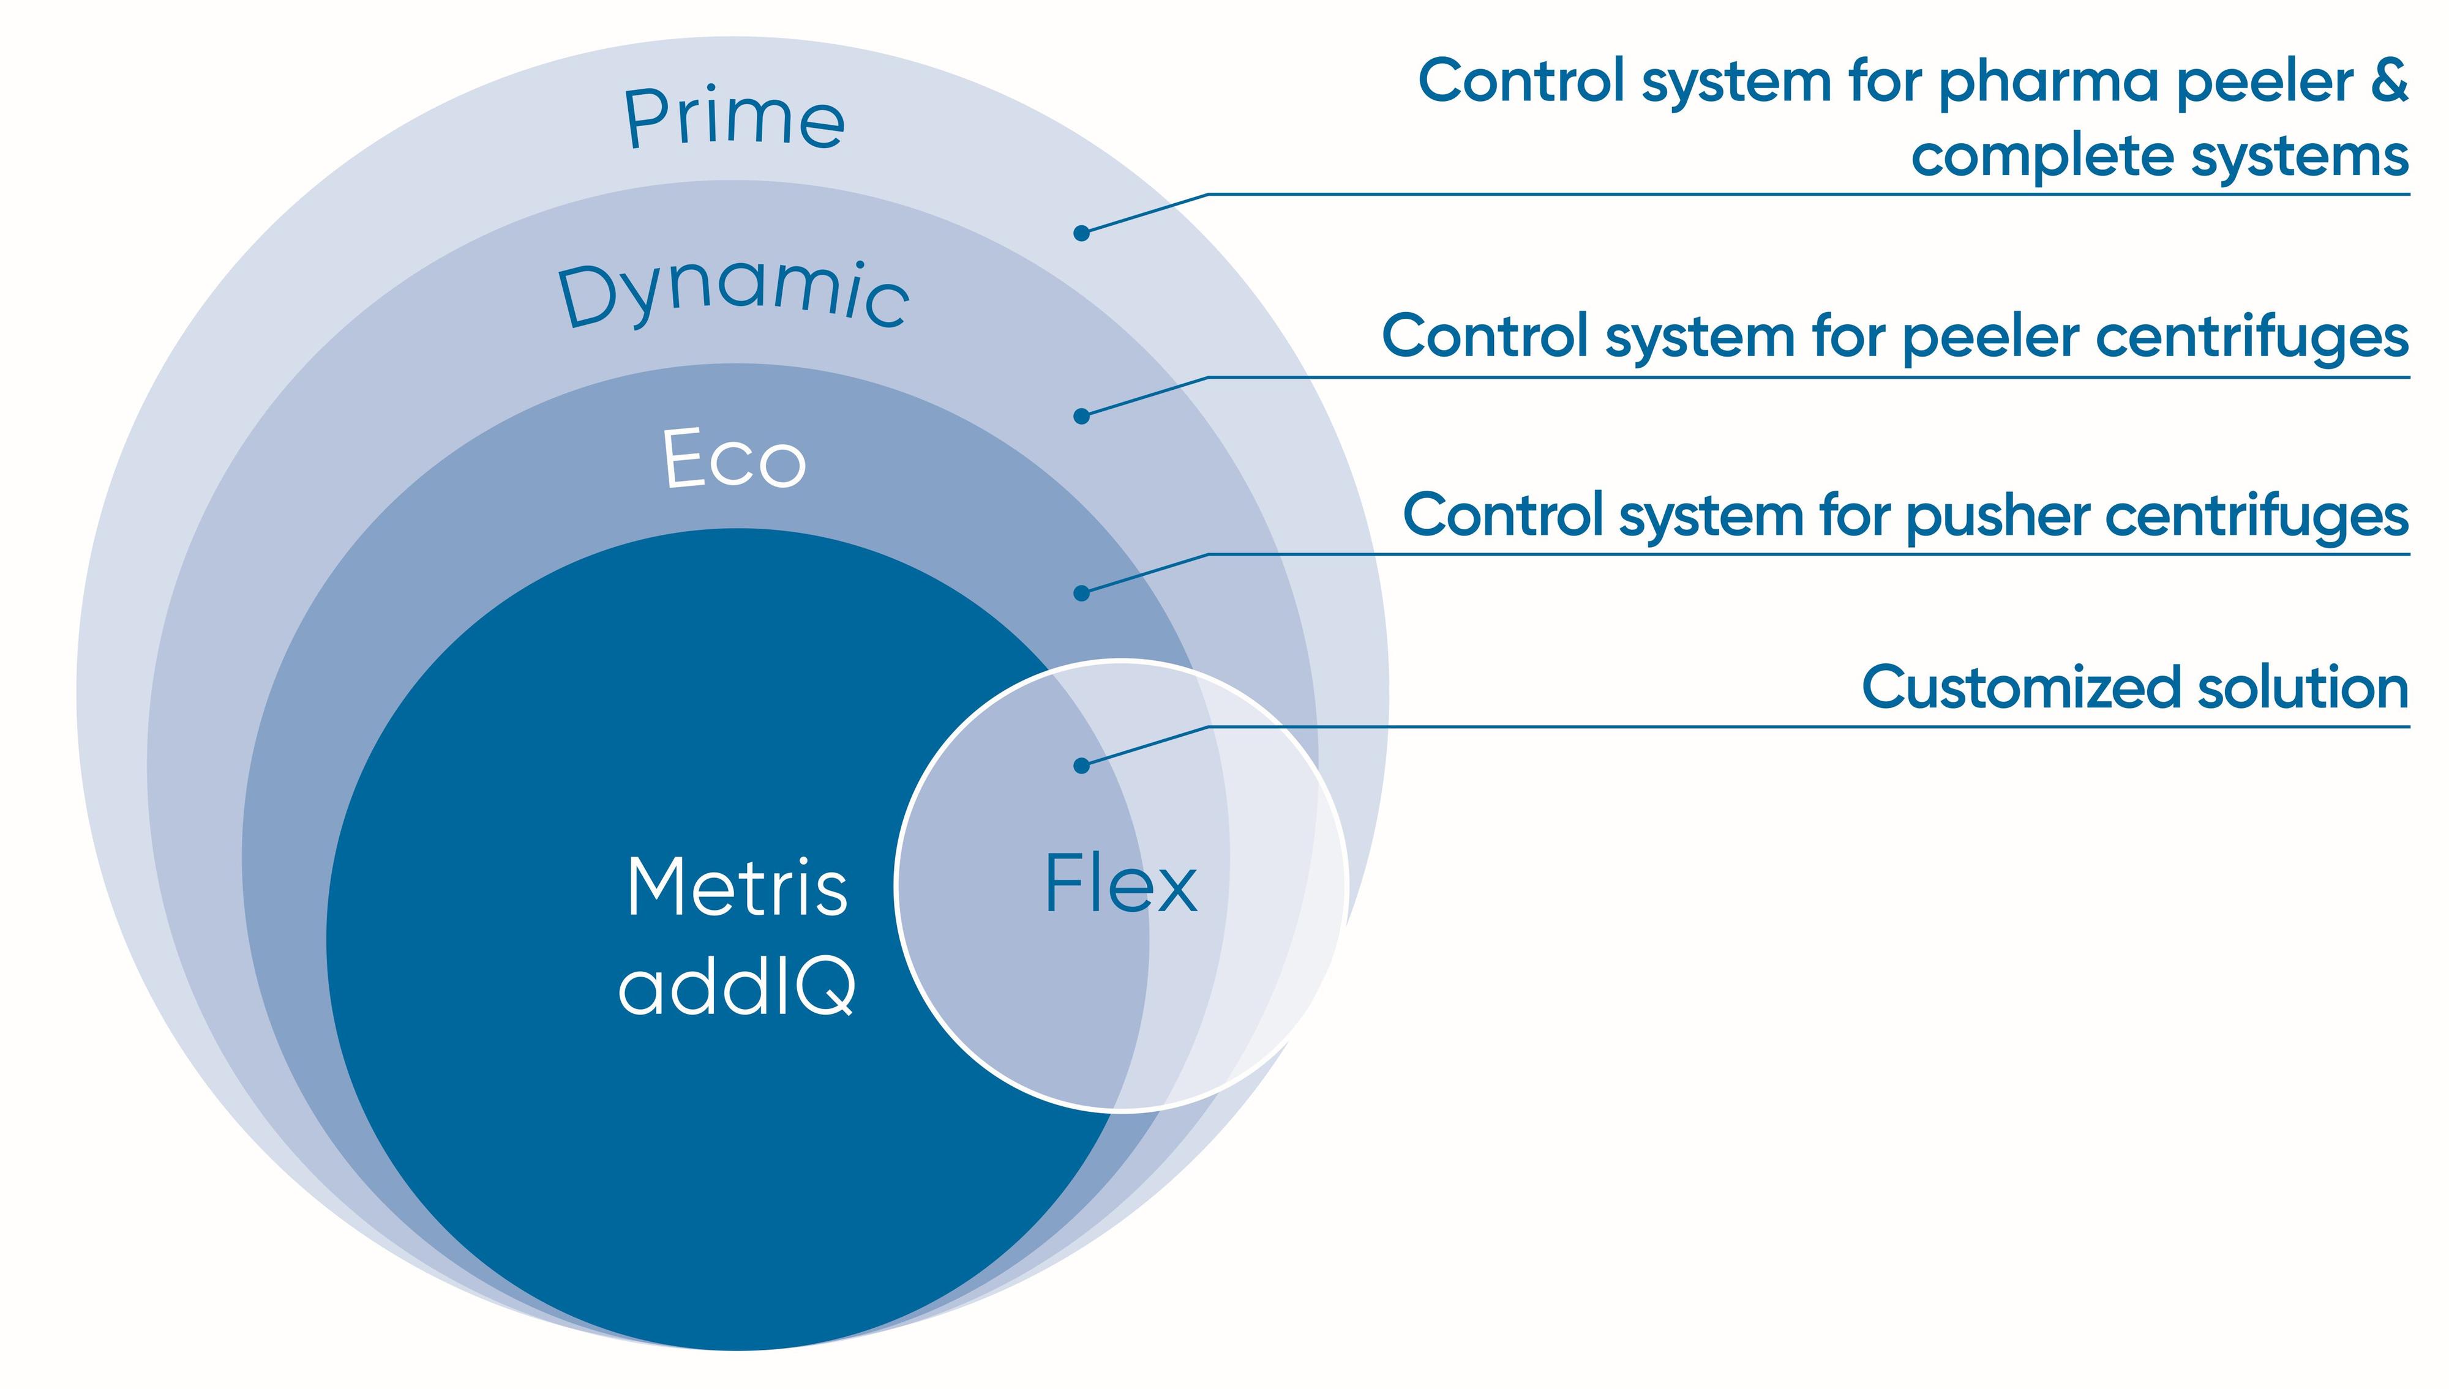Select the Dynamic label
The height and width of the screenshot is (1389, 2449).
(733, 293)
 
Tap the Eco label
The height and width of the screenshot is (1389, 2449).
(734, 460)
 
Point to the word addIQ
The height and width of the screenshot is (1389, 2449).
(737, 986)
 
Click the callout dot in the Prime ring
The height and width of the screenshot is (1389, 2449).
(1081, 233)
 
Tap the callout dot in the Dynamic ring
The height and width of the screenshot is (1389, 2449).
(1081, 416)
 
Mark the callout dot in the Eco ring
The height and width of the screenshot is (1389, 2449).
(1081, 594)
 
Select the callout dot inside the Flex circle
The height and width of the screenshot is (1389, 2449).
(1081, 765)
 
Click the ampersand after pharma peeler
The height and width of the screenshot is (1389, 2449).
(2389, 80)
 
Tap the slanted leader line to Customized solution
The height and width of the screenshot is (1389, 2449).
(1146, 746)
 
